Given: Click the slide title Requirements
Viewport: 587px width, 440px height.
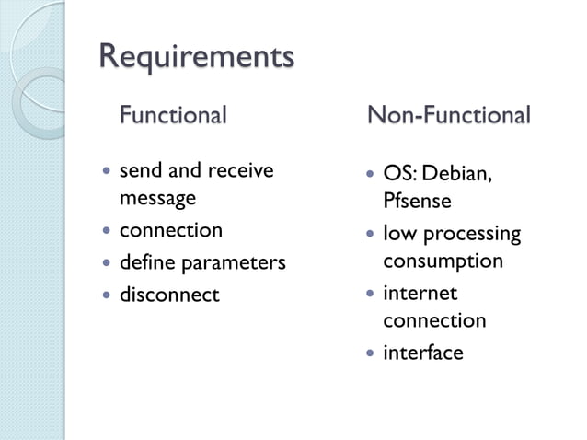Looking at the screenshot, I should click(x=196, y=56).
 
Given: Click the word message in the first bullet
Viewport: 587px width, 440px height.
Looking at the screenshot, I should click(x=157, y=197).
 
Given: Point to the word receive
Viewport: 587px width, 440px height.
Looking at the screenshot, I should click(x=241, y=170).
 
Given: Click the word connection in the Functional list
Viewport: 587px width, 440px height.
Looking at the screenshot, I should click(x=171, y=230).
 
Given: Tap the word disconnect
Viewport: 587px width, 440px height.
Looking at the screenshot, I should click(x=169, y=295).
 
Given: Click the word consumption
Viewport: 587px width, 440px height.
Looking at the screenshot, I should click(x=443, y=261).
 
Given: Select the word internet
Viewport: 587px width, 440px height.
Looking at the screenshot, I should click(x=420, y=294).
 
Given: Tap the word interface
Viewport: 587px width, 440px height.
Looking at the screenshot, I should click(x=423, y=353).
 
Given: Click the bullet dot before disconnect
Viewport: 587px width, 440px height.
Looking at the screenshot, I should click(x=108, y=295).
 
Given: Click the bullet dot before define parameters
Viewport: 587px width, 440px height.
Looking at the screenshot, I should click(x=108, y=263).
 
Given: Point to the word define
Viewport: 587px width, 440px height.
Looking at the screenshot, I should click(x=147, y=263).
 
